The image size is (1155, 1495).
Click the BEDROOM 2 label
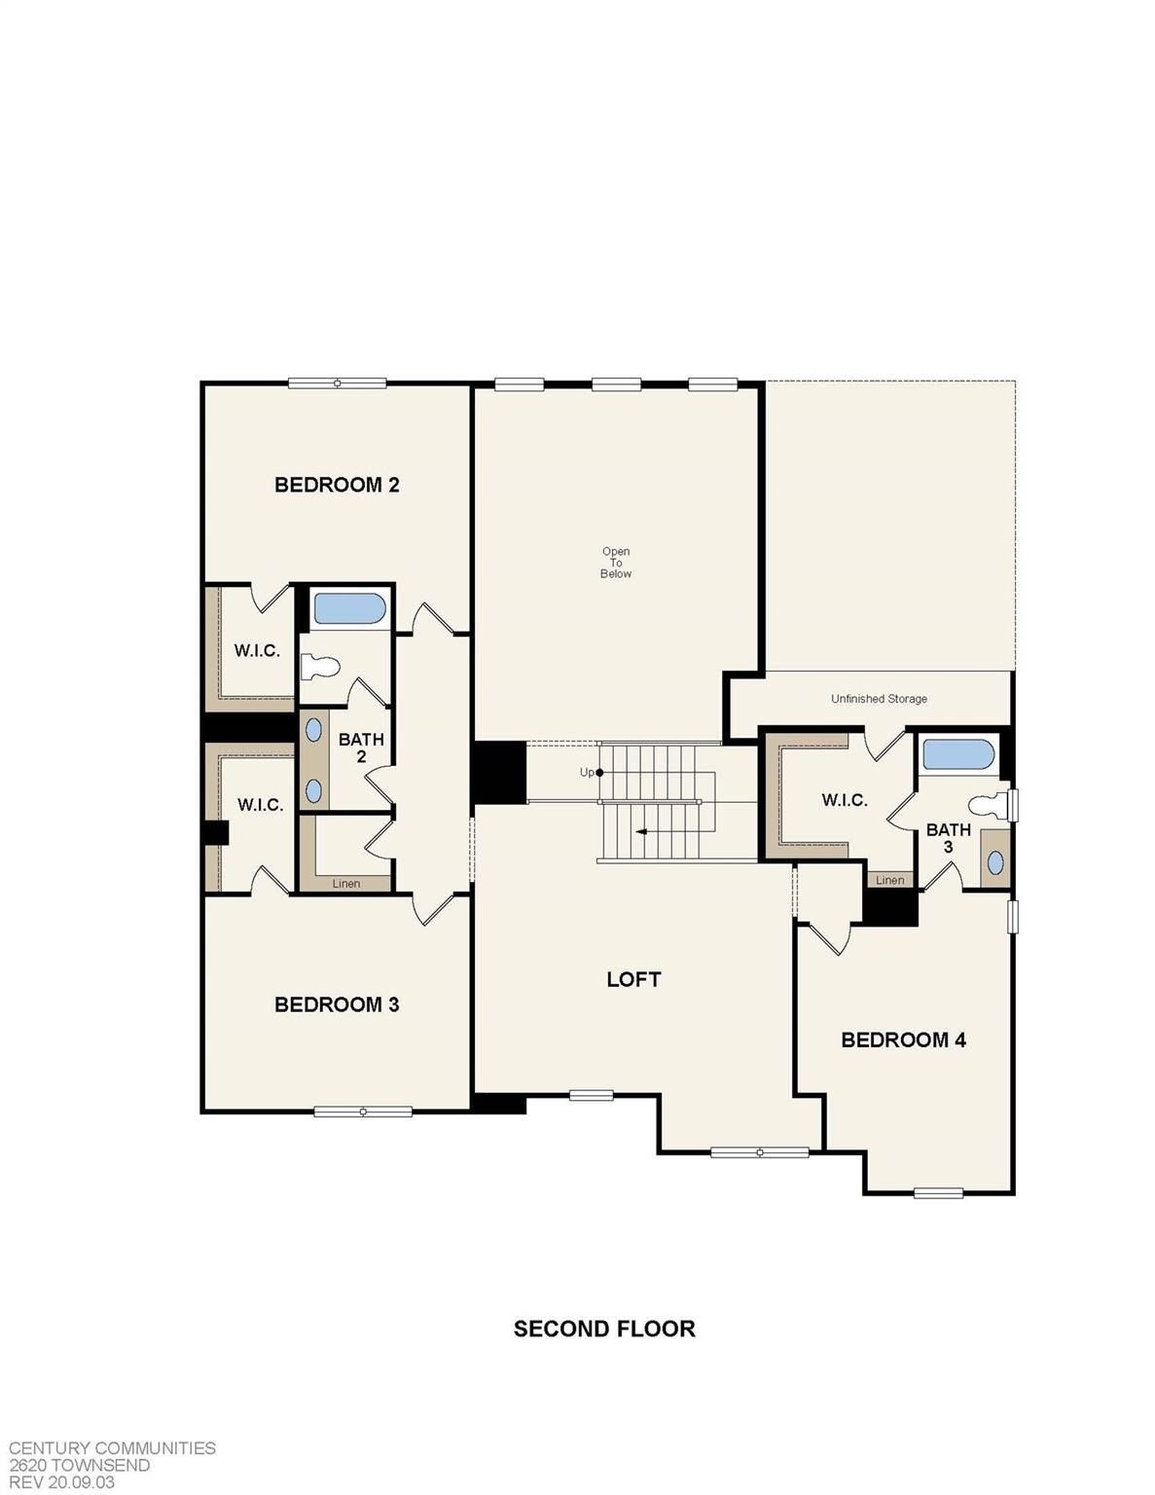coord(337,485)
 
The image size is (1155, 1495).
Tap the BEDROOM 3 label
coord(337,1004)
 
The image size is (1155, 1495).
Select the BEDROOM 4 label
coord(903,1039)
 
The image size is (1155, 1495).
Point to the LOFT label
coord(633,979)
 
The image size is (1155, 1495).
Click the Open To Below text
coord(616,563)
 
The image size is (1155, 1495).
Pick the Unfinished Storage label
coord(879,699)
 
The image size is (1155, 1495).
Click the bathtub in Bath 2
coord(349,609)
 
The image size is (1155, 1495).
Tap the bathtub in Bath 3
coord(958,754)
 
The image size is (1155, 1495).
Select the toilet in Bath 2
coord(320,667)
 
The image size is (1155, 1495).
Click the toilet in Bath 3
coord(988,805)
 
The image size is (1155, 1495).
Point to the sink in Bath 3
coord(996,862)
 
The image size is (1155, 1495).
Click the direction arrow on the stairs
coord(642,832)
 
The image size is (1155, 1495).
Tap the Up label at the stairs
coord(587,773)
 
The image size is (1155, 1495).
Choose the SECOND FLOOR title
coord(604,1329)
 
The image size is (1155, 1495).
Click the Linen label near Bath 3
coord(889,880)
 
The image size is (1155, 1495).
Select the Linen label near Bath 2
coord(346,884)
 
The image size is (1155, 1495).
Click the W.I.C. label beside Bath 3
coord(844,800)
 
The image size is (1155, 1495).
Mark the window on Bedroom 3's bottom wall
coord(363,1112)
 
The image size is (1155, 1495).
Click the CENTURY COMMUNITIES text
coord(112,1448)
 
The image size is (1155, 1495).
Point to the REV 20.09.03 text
coord(62,1482)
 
